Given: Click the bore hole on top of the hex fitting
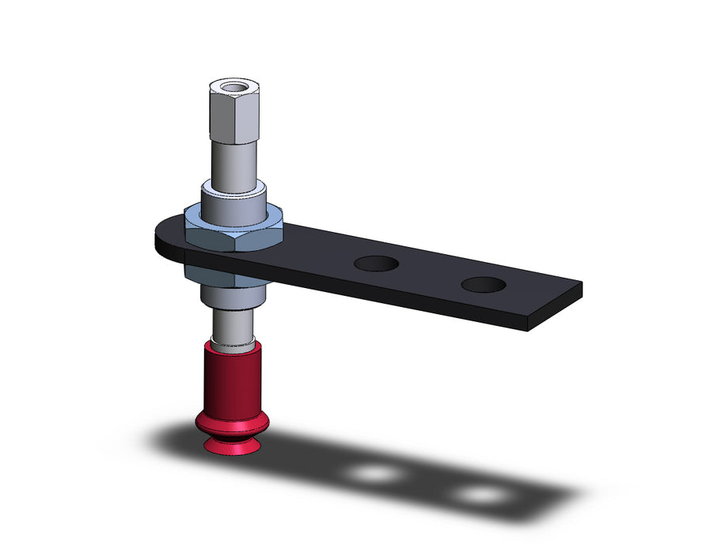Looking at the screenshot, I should pos(234,88).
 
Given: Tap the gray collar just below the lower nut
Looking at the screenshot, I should pos(232,297).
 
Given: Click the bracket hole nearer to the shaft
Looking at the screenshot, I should pos(377,264).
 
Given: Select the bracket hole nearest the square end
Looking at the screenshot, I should pos(485,284).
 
